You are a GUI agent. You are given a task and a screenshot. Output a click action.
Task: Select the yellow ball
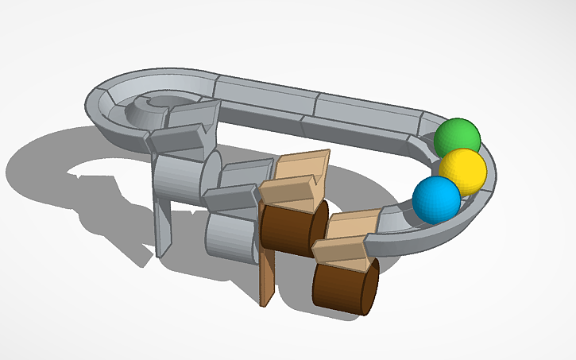click(x=462, y=170)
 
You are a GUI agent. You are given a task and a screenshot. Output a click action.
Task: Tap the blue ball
click(x=436, y=199)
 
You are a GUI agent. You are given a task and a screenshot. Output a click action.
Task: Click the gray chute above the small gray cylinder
click(x=235, y=186)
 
